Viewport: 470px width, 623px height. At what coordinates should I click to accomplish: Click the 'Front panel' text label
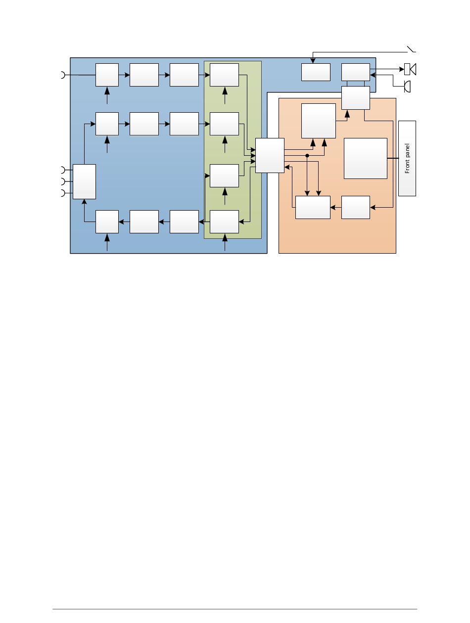[x=407, y=158]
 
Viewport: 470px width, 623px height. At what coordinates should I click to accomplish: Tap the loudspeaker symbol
[x=410, y=69]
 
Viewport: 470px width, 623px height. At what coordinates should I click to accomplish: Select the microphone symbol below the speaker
[x=407, y=87]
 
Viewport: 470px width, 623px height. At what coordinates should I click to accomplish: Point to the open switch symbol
[x=411, y=49]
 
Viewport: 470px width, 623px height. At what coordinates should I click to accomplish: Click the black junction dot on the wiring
[x=307, y=156]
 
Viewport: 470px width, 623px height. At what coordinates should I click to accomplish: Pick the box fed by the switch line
[x=316, y=72]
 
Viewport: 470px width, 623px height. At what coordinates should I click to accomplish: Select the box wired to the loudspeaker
[x=356, y=72]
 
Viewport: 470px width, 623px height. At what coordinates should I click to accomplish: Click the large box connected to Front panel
[x=366, y=158]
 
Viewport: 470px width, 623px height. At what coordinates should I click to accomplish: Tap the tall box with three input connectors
[x=84, y=181]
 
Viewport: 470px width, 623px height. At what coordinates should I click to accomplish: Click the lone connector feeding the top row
[x=63, y=75]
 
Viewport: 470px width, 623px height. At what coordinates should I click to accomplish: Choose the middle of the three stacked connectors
[x=63, y=181]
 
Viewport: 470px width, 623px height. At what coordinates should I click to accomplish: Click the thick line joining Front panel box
[x=393, y=158]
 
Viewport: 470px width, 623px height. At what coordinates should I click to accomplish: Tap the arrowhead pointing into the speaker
[x=402, y=69]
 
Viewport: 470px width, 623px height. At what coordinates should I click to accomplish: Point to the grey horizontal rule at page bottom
[x=235, y=609]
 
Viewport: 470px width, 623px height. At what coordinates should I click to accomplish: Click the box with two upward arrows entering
[x=318, y=121]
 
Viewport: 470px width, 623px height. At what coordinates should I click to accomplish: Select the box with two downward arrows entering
[x=313, y=208]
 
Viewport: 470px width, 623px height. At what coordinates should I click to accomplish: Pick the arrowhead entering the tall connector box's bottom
[x=84, y=202]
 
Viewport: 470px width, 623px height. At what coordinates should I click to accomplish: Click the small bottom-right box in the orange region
[x=356, y=208]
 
